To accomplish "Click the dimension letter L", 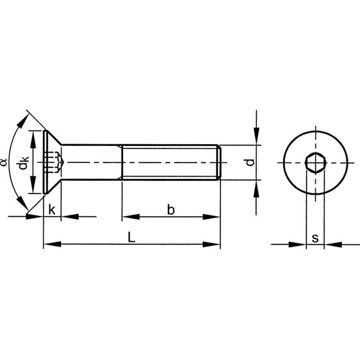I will [131, 238].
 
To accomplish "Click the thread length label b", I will [171, 209].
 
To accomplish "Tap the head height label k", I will [52, 209].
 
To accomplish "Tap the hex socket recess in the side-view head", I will [53, 162].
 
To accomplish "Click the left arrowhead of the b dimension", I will [129, 217].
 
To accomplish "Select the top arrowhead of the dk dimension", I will [33, 136].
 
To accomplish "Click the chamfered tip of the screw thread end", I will [219, 162].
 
